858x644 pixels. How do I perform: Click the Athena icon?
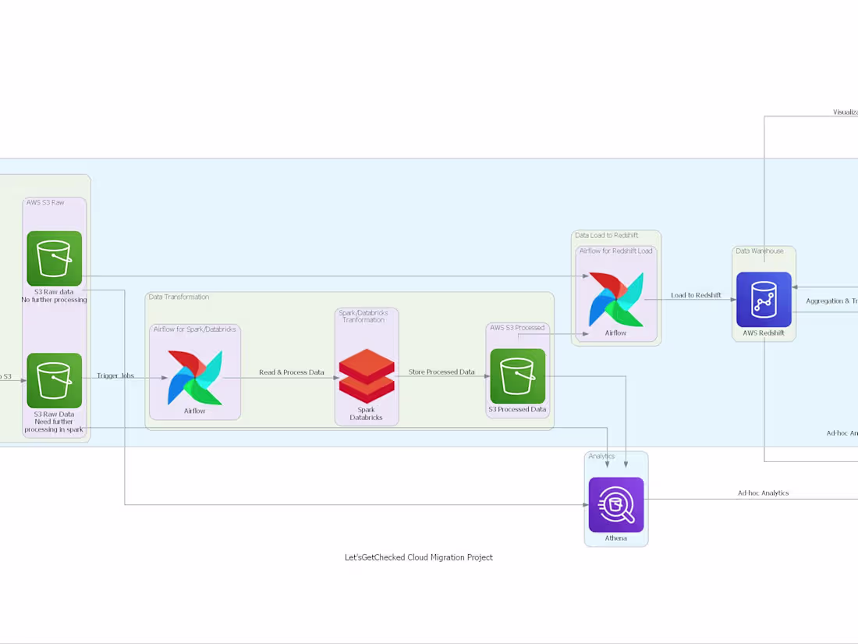(616, 504)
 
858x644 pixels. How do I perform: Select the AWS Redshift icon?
(764, 300)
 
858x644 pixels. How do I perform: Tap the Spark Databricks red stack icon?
(367, 376)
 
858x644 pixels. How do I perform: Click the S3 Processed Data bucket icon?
(518, 376)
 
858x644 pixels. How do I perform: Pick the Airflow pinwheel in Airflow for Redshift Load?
(616, 299)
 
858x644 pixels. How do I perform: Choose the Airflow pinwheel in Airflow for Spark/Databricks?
(195, 377)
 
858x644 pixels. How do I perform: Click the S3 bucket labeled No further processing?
(55, 258)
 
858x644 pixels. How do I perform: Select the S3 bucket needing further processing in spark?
(55, 380)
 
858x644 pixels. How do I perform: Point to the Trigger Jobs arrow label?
(115, 375)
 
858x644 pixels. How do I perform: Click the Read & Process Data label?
(292, 372)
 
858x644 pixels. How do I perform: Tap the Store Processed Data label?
(441, 372)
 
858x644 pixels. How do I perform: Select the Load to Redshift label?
(696, 295)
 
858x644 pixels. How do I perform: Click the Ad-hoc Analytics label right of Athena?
(763, 493)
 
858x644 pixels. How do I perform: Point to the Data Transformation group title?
(179, 297)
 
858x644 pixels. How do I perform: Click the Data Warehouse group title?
(759, 251)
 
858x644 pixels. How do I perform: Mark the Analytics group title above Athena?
(601, 456)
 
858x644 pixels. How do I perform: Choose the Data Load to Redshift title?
(606, 235)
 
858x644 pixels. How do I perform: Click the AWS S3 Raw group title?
(45, 202)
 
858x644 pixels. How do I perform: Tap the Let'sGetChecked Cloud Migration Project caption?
(419, 557)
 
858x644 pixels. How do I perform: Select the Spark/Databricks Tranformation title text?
(363, 316)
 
